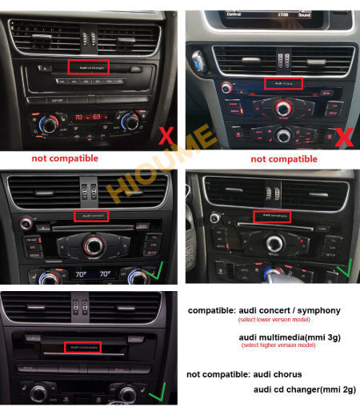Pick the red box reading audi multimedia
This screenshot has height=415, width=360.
[x=86, y=347]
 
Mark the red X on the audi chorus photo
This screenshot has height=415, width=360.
[x=343, y=137]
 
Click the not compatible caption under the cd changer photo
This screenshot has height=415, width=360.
[x=65, y=158]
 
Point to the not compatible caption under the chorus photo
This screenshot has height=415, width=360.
[x=284, y=159]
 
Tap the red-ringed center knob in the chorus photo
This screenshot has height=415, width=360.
[x=284, y=107]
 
